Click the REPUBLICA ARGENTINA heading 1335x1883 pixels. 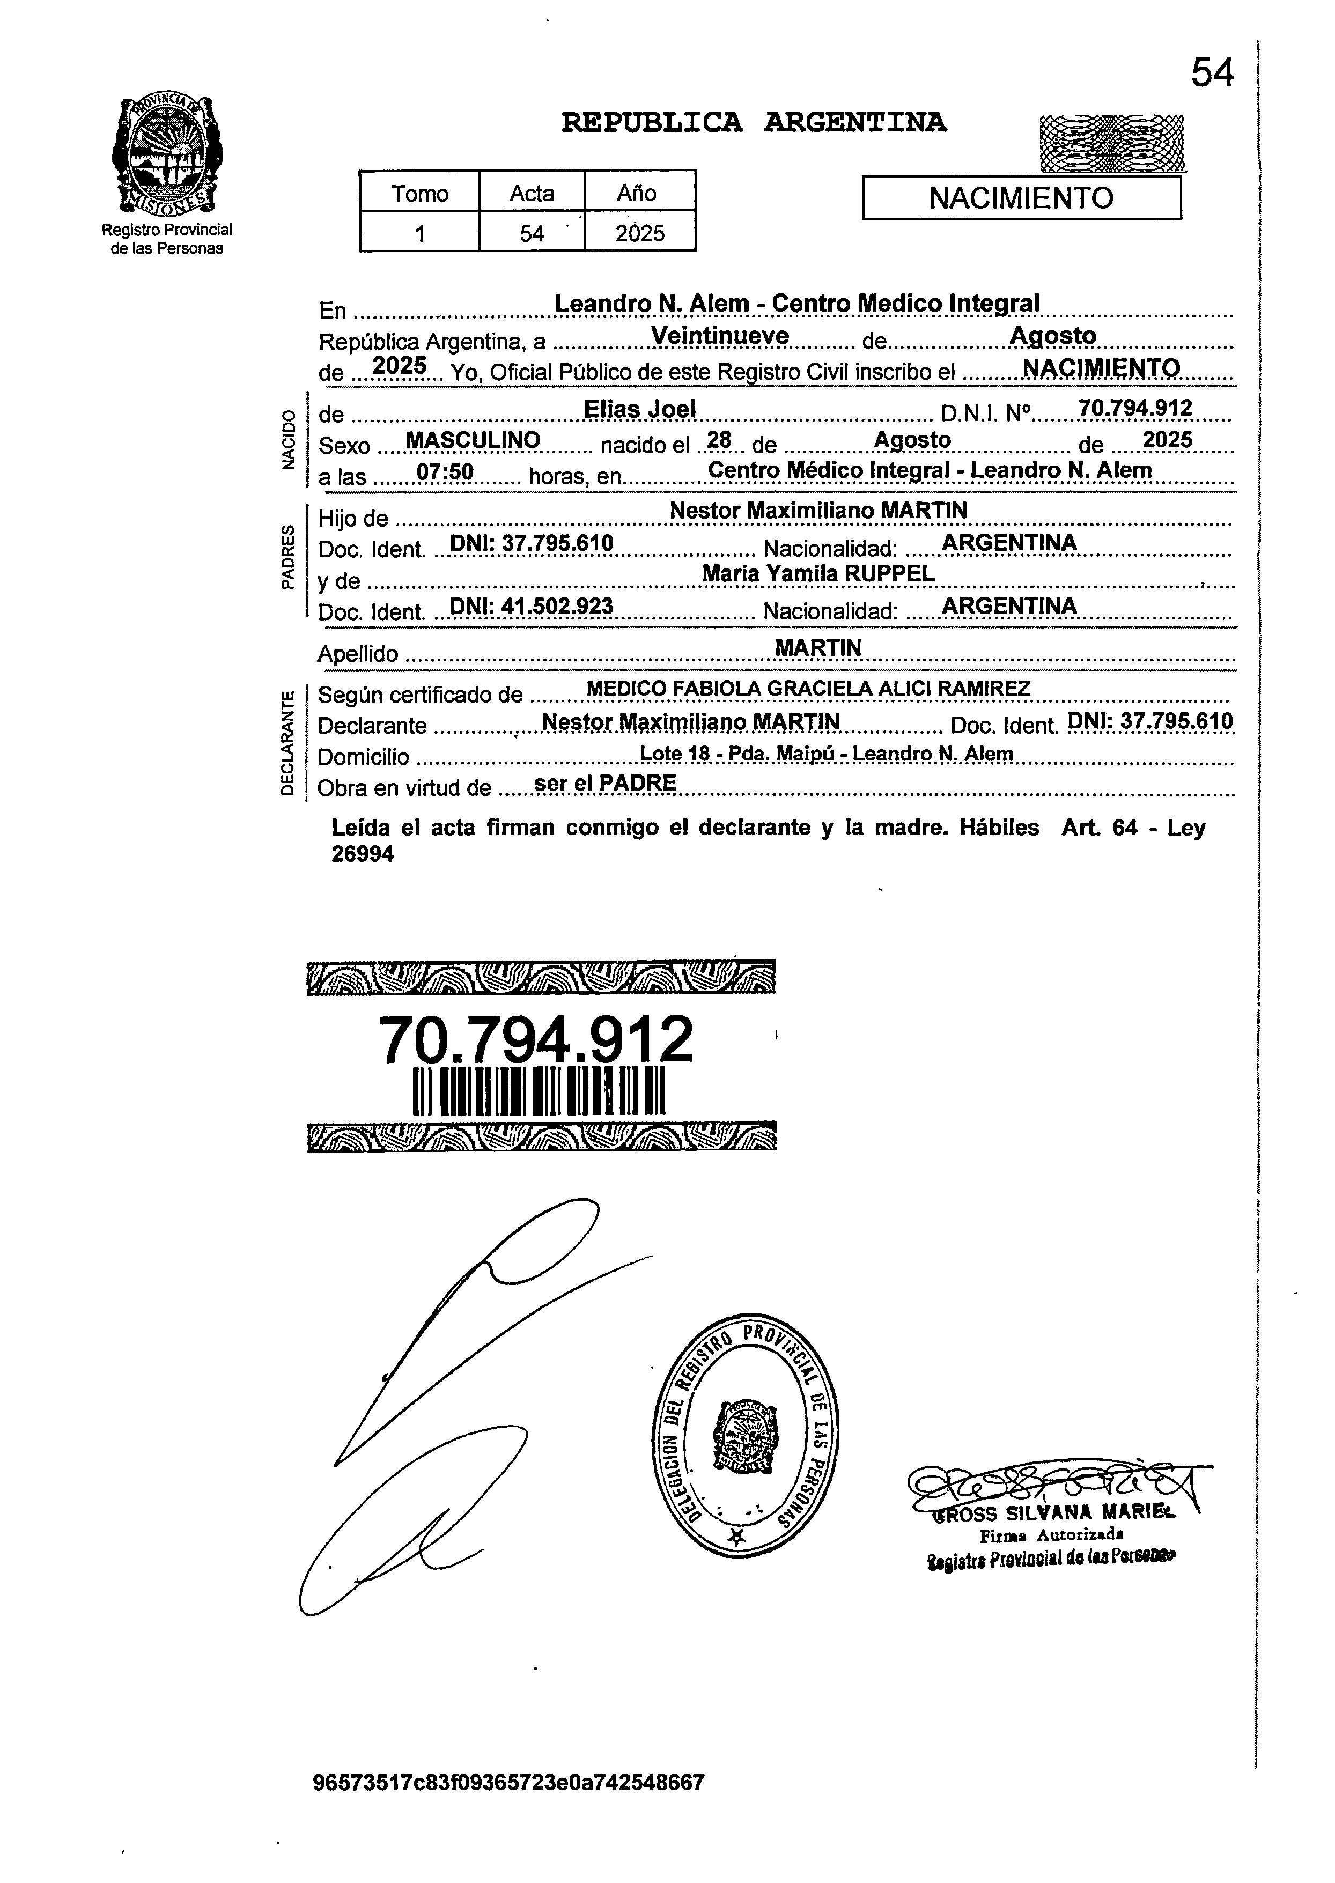(x=753, y=123)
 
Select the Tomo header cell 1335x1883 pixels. (x=419, y=193)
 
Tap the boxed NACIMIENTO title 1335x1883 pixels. (x=1021, y=198)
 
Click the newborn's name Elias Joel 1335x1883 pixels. (x=639, y=409)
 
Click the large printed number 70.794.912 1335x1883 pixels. (x=536, y=1040)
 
